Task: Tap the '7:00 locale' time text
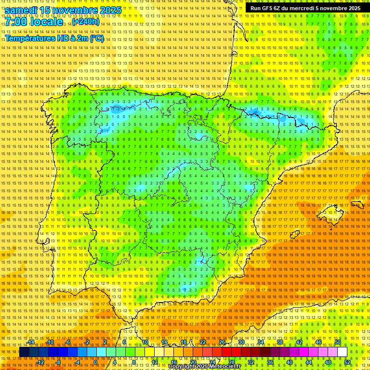coord(34,22)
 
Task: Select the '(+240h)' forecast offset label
coord(86,22)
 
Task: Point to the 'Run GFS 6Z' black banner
coord(305,8)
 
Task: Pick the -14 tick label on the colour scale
coord(31,342)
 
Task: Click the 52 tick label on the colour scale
coord(347,362)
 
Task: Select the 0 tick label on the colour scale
coord(95,362)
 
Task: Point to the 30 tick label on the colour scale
coord(241,342)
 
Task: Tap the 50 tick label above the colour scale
coord(338,342)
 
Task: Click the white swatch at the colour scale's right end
coord(343,352)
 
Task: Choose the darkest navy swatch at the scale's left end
coord(24,352)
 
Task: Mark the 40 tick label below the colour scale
coord(290,362)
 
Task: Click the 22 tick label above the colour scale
coord(202,342)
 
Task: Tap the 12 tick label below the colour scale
coord(154,362)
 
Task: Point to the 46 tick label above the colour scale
coord(318,342)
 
